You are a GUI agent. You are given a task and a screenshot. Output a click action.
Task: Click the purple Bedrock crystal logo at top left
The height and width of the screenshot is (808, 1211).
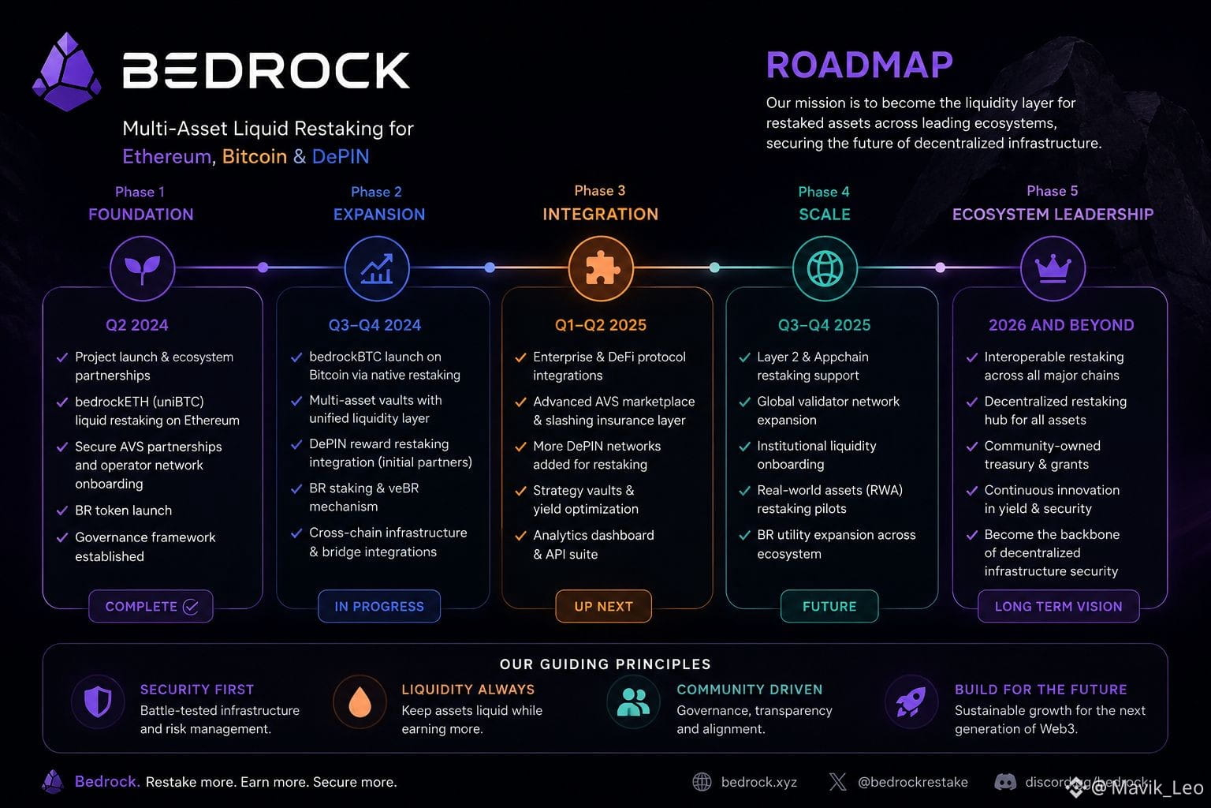(66, 72)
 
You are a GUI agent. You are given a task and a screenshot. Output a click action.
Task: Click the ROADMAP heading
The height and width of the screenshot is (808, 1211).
(859, 65)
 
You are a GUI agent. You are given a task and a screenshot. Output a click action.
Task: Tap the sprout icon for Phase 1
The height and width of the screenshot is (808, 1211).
(143, 268)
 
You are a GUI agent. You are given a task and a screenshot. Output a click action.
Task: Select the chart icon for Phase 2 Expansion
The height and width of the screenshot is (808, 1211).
(377, 268)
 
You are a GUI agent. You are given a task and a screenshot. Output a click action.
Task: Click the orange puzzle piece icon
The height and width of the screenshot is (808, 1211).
(601, 268)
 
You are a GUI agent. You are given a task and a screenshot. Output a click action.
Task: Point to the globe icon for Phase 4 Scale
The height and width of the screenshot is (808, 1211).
(825, 268)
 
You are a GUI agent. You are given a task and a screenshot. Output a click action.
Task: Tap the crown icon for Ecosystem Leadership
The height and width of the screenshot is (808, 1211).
(1053, 268)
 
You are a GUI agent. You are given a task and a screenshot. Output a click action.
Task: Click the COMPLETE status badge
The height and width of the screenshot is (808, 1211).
(151, 606)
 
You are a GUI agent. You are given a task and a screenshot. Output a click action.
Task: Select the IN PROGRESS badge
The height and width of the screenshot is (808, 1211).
(379, 606)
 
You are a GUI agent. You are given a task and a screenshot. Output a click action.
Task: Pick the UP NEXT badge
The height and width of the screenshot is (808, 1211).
(603, 606)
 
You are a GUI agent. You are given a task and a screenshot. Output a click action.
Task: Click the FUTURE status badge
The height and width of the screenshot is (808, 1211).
(829, 606)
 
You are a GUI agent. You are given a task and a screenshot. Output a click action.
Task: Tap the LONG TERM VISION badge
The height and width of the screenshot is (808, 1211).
(1059, 606)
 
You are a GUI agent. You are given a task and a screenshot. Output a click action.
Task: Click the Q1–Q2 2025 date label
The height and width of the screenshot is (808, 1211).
(601, 325)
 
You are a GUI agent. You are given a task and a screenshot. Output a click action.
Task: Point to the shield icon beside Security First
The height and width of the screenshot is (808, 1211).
(98, 702)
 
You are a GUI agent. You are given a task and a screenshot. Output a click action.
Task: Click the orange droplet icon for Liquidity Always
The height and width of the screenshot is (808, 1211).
(360, 702)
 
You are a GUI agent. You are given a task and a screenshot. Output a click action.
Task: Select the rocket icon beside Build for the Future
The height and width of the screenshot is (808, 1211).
(911, 702)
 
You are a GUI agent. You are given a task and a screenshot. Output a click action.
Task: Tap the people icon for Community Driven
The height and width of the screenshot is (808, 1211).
(633, 702)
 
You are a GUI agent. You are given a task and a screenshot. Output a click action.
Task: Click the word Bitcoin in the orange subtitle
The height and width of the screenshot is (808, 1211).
(255, 156)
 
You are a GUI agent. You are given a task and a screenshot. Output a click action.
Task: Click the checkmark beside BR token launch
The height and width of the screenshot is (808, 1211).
(62, 511)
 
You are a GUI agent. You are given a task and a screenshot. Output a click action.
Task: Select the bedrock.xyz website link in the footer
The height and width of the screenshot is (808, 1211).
(759, 782)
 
